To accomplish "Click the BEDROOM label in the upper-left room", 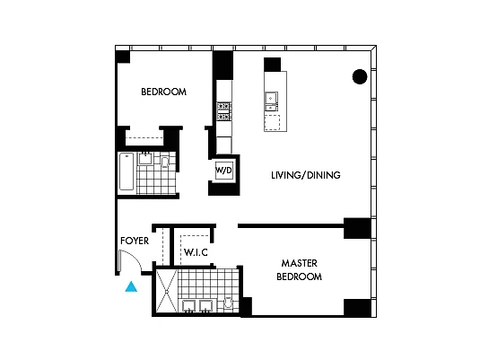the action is pyautogui.click(x=164, y=92).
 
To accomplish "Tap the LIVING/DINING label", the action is pyautogui.click(x=306, y=175).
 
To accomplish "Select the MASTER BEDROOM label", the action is pyautogui.click(x=300, y=269).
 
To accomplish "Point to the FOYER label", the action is pyautogui.click(x=135, y=241).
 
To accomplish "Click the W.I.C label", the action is pyautogui.click(x=196, y=252).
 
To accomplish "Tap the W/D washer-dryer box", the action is pyautogui.click(x=223, y=171).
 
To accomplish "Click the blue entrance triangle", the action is pyautogui.click(x=131, y=286).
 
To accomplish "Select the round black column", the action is pyautogui.click(x=360, y=76).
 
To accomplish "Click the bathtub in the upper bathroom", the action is pyautogui.click(x=127, y=171).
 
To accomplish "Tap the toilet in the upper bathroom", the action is pyautogui.click(x=165, y=162).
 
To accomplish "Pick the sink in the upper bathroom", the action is pyautogui.click(x=145, y=158).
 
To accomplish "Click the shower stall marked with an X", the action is pyautogui.click(x=167, y=291).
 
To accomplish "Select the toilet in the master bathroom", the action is pyautogui.click(x=228, y=303).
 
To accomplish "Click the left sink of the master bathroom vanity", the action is pyautogui.click(x=189, y=306).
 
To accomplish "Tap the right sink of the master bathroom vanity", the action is pyautogui.click(x=206, y=306).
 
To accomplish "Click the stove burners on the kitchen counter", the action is pyautogui.click(x=223, y=111).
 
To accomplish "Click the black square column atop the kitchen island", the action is pyautogui.click(x=273, y=65).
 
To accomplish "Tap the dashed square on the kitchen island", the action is pyautogui.click(x=272, y=123).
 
